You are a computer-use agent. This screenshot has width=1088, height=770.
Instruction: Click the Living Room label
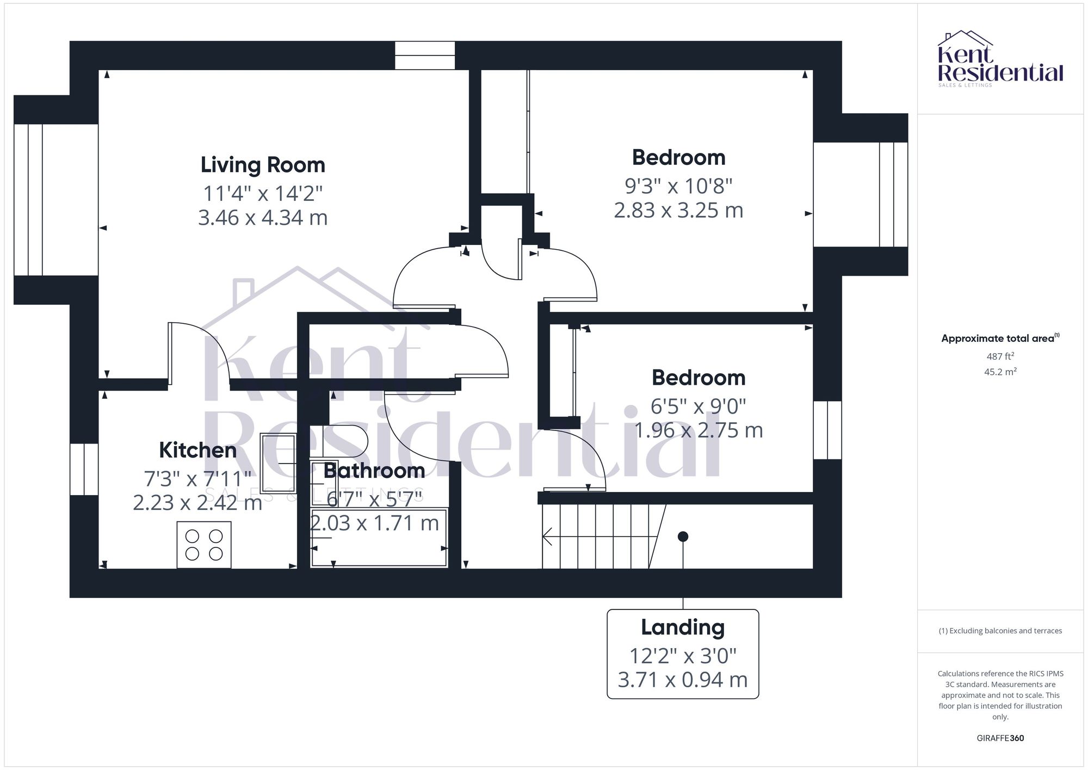click(263, 165)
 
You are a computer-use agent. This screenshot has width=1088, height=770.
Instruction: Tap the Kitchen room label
click(197, 450)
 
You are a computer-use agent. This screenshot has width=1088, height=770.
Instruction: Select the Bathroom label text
click(374, 470)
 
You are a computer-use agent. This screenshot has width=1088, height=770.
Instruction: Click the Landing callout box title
click(682, 627)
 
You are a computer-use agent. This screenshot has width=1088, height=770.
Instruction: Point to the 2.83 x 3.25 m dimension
click(678, 210)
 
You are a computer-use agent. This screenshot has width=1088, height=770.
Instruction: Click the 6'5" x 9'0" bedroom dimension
click(698, 406)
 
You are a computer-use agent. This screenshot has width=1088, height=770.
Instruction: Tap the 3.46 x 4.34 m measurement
click(263, 218)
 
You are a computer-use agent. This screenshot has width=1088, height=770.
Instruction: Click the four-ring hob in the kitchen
click(204, 545)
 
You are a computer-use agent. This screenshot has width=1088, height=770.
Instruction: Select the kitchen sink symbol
click(278, 463)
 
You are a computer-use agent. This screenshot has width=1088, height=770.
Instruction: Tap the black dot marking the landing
click(683, 537)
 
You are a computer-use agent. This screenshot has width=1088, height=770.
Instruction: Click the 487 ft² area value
click(1000, 356)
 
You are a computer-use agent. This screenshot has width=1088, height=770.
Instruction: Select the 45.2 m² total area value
click(1000, 372)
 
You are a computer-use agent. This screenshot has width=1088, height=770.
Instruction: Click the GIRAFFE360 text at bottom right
click(1000, 738)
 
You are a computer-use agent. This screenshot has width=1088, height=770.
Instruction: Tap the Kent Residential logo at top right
click(1000, 59)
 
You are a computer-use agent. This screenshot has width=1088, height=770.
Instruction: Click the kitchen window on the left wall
click(84, 469)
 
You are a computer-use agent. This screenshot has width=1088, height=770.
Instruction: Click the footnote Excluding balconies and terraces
click(1000, 631)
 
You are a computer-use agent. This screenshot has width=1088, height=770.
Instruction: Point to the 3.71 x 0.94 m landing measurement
click(682, 680)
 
